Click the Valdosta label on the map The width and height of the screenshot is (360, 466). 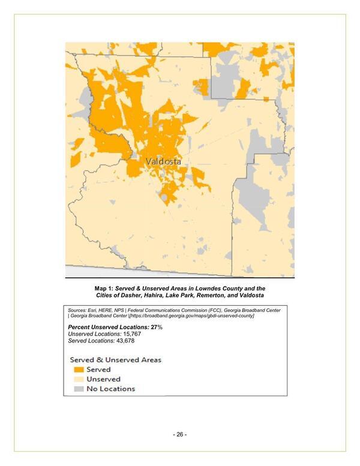[163, 162]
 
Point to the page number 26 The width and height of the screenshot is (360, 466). [179, 434]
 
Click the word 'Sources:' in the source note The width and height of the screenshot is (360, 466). [77, 309]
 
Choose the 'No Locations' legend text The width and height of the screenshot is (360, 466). [111, 389]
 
